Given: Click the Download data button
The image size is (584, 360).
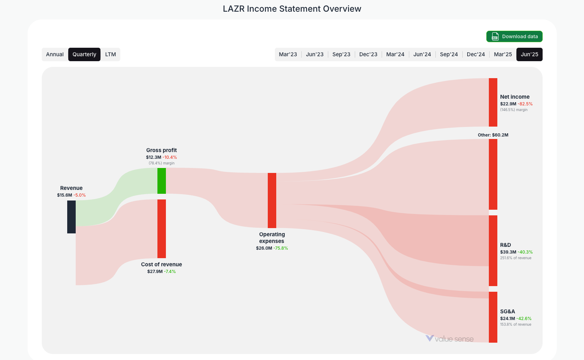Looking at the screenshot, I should click(514, 36).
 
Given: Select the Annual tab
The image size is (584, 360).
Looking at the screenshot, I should click(55, 54).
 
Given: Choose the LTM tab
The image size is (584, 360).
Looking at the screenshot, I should click(110, 54).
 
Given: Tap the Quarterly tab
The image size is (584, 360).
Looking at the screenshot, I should click(84, 54).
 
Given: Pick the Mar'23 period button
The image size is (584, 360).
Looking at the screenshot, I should click(288, 54).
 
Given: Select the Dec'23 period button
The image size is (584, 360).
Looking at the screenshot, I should click(368, 54).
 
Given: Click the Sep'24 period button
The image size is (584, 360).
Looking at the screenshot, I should click(449, 54).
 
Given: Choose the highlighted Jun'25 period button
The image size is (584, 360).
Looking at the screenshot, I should click(529, 54).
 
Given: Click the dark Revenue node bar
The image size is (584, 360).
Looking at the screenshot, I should click(71, 217).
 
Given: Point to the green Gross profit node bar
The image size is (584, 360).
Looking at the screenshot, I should click(161, 181).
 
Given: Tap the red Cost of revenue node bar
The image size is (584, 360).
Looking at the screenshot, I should click(161, 228).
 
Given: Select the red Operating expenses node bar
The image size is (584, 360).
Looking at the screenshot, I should click(272, 200).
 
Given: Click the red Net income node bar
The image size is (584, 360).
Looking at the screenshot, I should click(493, 102).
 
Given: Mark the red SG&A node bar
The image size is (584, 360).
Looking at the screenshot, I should click(493, 317).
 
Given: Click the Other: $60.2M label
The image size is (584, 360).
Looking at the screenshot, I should click(493, 135).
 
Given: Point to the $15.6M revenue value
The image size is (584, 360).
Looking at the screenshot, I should click(64, 195).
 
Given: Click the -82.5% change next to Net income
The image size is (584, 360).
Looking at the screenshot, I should click(525, 104).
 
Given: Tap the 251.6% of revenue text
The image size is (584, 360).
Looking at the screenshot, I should click(515, 258).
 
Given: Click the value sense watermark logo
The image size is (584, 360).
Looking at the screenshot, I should click(449, 339).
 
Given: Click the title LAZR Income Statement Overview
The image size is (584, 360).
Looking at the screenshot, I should click(292, 9).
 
